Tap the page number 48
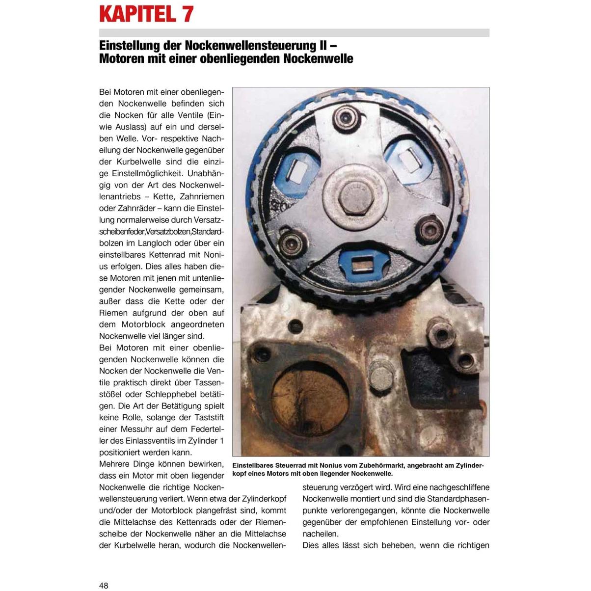(x=104, y=585)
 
